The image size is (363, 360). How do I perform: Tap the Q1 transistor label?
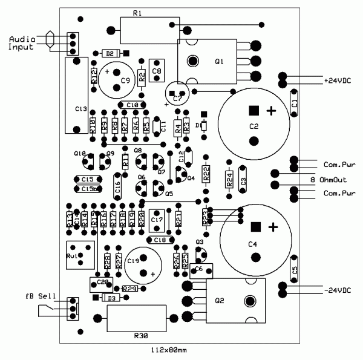219,61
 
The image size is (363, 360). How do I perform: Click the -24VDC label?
337,290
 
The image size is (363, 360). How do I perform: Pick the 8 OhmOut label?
332,179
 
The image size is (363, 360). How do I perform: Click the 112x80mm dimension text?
169,350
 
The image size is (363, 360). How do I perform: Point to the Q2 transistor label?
219,301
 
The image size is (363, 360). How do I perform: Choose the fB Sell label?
40,296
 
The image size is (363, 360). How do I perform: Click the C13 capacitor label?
81,108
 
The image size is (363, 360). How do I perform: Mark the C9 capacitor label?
125,80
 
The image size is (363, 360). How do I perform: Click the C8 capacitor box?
157,70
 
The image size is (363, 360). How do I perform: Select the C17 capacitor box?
157,220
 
